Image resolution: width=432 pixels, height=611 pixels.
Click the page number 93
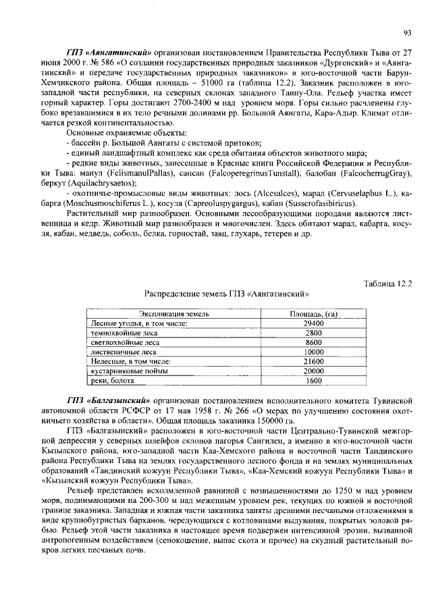(407, 32)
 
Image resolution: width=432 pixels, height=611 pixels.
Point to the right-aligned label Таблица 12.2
(387, 284)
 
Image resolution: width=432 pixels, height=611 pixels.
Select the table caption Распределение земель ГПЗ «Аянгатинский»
(227, 294)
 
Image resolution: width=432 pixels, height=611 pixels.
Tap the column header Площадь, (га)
(313, 314)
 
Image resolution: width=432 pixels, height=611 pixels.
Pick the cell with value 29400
(313, 323)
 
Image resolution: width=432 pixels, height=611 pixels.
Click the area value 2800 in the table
(313, 333)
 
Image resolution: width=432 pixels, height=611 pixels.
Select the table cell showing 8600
(313, 342)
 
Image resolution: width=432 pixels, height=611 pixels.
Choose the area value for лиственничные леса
(313, 352)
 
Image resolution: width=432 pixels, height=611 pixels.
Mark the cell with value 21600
(313, 361)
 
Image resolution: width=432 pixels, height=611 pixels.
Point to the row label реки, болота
(113, 380)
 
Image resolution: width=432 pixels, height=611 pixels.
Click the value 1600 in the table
(313, 380)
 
